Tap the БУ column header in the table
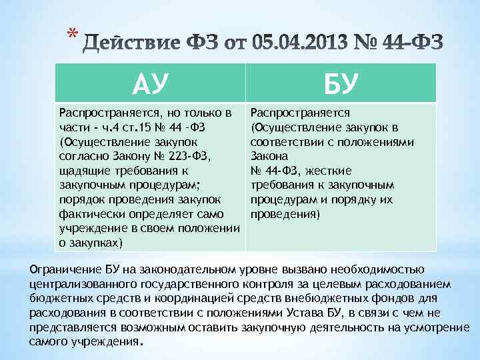[341, 84]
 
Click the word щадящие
[82, 171]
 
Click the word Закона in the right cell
[267, 156]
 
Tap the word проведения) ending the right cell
[285, 215]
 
